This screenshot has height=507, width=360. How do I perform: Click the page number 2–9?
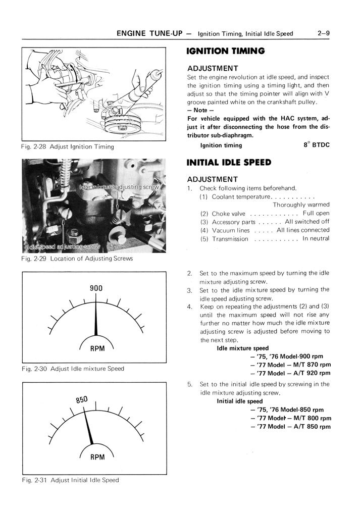point(324,34)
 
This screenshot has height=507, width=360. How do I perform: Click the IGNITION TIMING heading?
point(225,51)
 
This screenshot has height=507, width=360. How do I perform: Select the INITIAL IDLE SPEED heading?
point(229,163)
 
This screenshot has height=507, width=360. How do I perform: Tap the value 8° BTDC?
point(316,145)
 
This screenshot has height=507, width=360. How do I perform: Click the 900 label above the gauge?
point(96,288)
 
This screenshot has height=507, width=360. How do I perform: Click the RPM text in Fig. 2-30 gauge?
point(96,348)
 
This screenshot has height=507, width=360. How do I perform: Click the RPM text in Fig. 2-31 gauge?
point(97,458)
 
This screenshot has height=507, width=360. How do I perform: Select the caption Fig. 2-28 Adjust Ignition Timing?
point(67,147)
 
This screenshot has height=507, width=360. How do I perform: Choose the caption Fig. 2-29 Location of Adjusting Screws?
point(77,259)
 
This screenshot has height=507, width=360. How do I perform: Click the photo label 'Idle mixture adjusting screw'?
point(119,187)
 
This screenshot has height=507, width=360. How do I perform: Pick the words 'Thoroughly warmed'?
point(301,205)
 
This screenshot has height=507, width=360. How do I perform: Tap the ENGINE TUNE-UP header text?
point(146,34)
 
